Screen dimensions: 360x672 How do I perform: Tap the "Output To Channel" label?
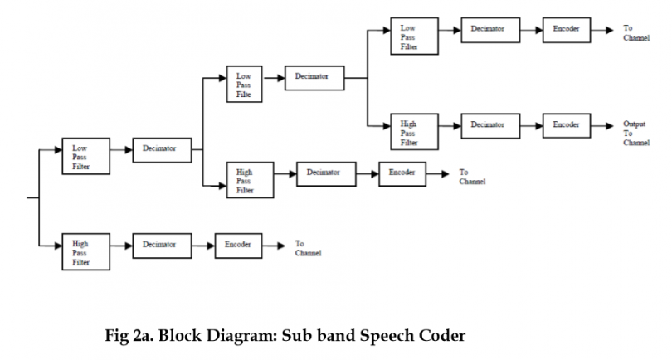(635, 133)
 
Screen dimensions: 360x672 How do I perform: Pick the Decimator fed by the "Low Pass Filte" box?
(313, 77)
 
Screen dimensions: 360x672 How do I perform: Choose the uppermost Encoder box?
(567, 28)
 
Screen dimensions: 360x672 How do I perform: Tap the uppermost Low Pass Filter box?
(413, 37)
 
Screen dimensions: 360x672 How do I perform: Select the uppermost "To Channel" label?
(636, 33)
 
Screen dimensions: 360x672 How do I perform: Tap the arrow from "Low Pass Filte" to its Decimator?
(275, 77)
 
